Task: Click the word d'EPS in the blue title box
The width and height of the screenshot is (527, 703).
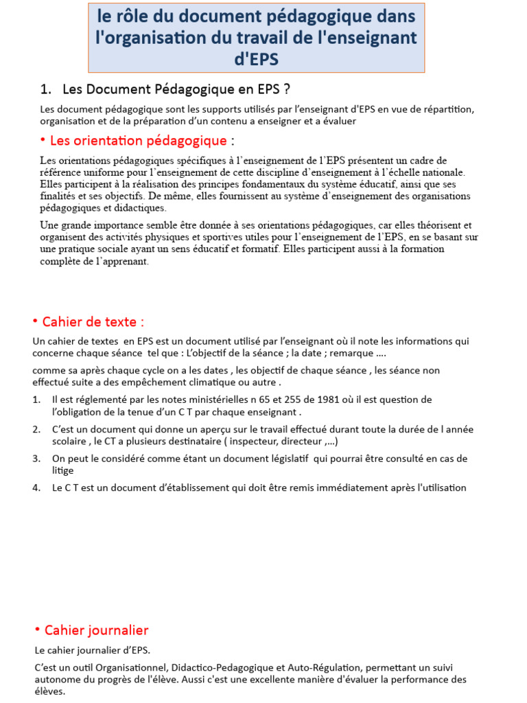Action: [256, 59]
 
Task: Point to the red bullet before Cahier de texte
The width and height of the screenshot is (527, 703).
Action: [35, 321]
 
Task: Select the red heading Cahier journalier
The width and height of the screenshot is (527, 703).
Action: [96, 630]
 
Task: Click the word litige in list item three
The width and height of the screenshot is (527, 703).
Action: [63, 470]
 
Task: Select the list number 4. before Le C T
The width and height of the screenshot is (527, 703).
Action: [36, 488]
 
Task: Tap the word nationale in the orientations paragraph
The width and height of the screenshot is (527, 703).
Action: [443, 172]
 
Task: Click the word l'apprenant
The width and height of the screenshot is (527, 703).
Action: [120, 261]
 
